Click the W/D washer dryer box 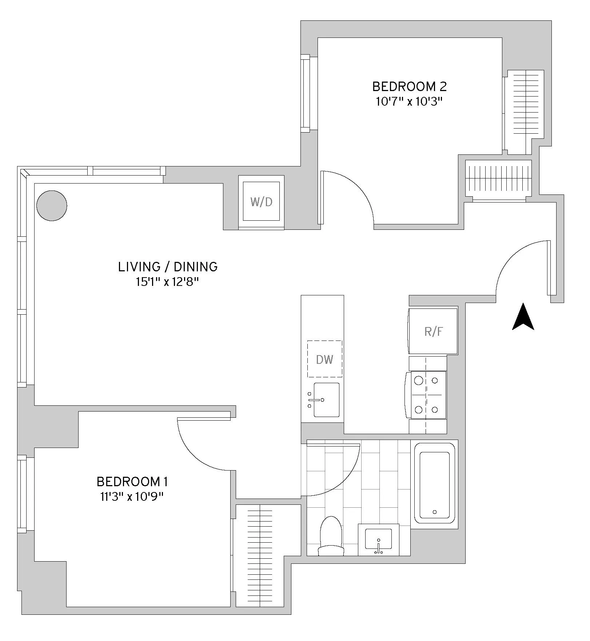261,202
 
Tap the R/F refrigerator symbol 433,331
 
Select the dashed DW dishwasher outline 324,359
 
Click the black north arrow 523,317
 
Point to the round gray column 52,205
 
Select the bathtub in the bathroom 435,484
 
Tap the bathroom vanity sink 379,540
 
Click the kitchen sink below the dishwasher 326,400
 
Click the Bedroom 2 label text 409,87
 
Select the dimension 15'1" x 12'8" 168,282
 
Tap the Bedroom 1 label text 132,482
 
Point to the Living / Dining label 168,267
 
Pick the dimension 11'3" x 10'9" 132,497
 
